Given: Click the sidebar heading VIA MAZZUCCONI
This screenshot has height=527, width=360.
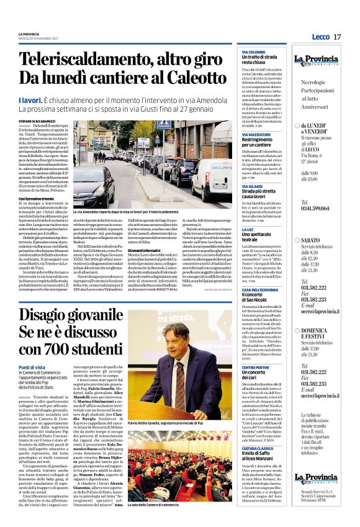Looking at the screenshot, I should click(258, 133).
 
